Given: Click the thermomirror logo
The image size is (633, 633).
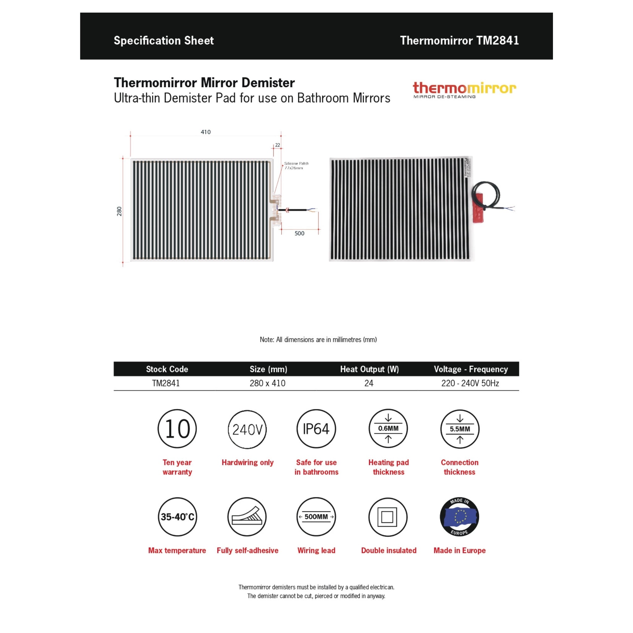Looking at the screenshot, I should pyautogui.click(x=464, y=89).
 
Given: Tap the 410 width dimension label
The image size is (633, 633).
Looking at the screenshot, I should pyautogui.click(x=206, y=132).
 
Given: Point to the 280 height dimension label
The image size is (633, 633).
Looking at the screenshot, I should pyautogui.click(x=119, y=211).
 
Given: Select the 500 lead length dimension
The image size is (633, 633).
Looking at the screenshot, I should pyautogui.click(x=299, y=233).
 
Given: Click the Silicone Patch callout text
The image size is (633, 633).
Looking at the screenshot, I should pyautogui.click(x=296, y=165).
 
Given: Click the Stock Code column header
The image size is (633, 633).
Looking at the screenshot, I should pyautogui.click(x=167, y=369).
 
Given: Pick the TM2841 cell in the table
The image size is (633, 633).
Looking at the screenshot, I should pyautogui.click(x=166, y=383).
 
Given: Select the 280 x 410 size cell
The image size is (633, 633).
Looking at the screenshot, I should pyautogui.click(x=267, y=383).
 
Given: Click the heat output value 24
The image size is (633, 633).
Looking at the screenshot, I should pyautogui.click(x=369, y=383).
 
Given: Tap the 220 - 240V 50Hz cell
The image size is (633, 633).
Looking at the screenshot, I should pyautogui.click(x=470, y=383).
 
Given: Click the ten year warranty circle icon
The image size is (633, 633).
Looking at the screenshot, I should pyautogui.click(x=177, y=429).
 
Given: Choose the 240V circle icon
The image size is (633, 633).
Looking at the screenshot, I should pyautogui.click(x=247, y=429).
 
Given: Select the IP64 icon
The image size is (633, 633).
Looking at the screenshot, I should pyautogui.click(x=316, y=429).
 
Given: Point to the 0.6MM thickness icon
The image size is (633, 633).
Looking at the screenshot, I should pyautogui.click(x=388, y=429).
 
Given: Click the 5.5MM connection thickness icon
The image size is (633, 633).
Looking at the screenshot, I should pyautogui.click(x=460, y=429).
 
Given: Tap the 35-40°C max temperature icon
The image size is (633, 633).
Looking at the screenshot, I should pyautogui.click(x=177, y=517).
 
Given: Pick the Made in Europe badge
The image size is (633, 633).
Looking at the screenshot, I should pyautogui.click(x=459, y=517).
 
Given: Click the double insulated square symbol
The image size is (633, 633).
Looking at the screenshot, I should pyautogui.click(x=388, y=517).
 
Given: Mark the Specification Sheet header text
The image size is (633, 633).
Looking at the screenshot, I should pyautogui.click(x=164, y=40).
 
